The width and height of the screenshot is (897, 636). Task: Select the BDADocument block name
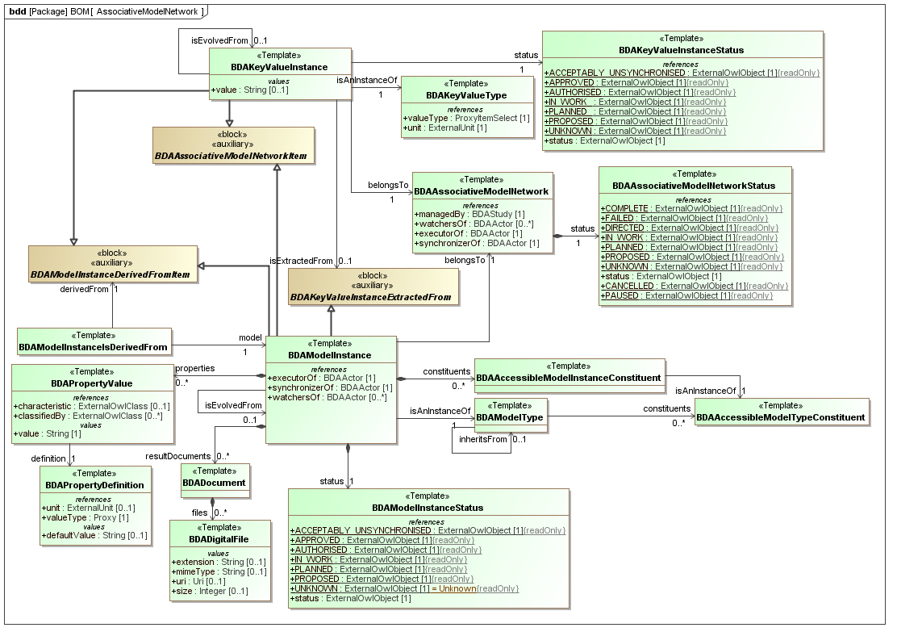click(214, 483)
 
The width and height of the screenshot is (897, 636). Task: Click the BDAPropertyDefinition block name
click(95, 485)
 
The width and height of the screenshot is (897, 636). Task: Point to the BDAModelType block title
click(509, 417)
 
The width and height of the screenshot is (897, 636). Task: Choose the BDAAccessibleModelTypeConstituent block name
click(781, 417)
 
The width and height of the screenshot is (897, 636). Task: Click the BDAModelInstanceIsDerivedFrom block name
click(94, 348)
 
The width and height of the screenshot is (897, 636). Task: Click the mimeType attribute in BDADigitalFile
click(219, 571)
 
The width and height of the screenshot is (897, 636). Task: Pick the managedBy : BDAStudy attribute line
click(458, 214)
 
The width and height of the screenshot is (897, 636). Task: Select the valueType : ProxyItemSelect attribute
click(466, 119)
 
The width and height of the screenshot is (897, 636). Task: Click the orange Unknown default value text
click(457, 588)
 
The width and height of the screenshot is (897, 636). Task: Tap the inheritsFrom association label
click(482, 439)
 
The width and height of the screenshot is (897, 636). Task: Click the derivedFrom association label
click(84, 287)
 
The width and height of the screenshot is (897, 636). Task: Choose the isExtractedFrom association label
click(301, 261)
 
